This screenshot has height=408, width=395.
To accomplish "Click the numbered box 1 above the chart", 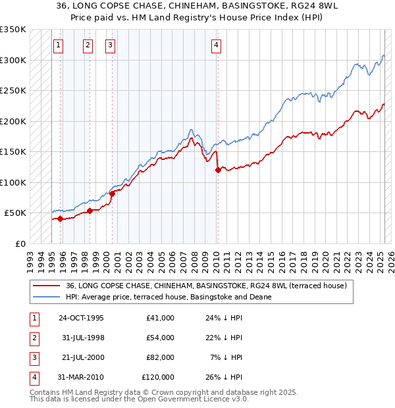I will point(59,45).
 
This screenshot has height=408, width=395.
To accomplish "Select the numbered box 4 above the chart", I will point(216,45).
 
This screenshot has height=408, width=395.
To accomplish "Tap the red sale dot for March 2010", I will point(218,170).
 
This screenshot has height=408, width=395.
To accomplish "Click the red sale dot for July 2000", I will point(112,193).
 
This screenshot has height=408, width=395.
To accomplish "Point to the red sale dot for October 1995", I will point(60,218).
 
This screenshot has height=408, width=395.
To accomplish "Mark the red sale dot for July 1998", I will point(90,211).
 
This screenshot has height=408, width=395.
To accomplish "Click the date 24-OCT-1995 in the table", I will point(81,318).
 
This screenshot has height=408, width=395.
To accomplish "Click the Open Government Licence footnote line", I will point(139,399).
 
